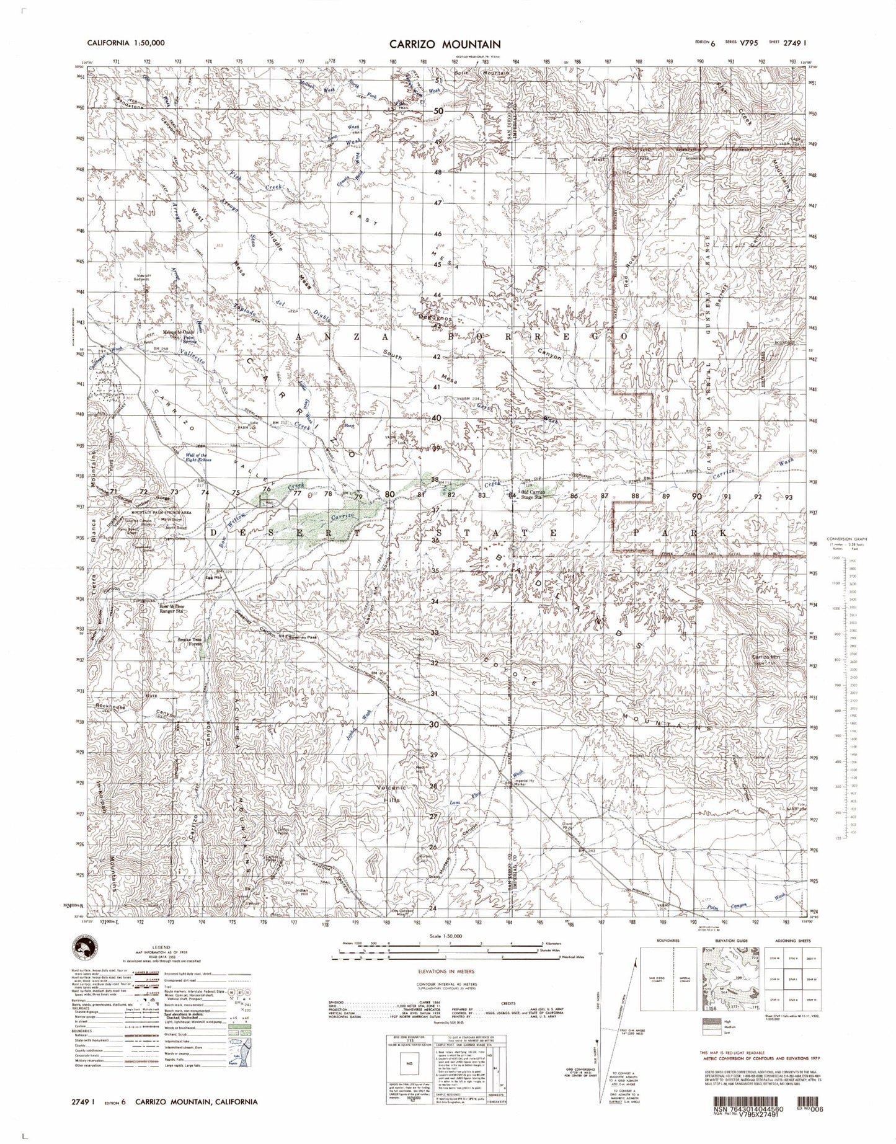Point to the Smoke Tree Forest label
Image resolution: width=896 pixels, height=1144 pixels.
(x=189, y=641)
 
